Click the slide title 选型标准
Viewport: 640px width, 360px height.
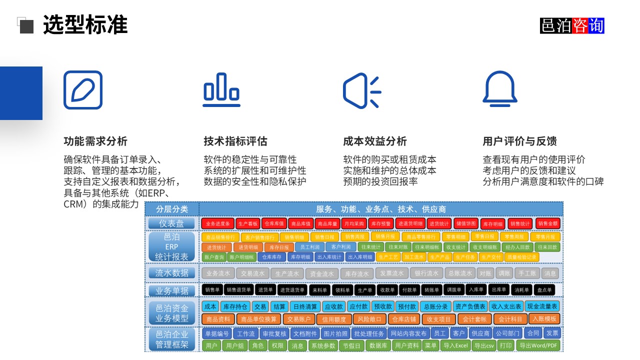click(85, 25)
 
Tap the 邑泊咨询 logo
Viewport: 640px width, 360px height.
click(572, 25)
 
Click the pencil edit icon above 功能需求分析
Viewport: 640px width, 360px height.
click(83, 90)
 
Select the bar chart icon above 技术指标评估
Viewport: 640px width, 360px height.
click(221, 90)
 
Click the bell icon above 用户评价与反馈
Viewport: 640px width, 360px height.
click(499, 89)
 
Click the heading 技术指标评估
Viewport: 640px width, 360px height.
click(235, 141)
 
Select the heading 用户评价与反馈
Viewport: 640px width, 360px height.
click(519, 141)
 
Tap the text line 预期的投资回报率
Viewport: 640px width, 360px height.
click(380, 181)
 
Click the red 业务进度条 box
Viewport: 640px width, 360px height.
click(217, 223)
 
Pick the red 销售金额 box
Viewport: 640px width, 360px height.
click(547, 223)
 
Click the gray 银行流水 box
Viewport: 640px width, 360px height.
click(426, 273)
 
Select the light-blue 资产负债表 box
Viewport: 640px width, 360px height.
click(469, 306)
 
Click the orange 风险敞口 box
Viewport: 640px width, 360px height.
click(369, 319)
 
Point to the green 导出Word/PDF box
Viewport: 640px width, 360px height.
click(538, 345)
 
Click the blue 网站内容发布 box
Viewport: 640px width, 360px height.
click(408, 333)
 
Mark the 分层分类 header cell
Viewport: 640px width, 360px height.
click(172, 209)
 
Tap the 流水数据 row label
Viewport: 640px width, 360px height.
click(172, 273)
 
